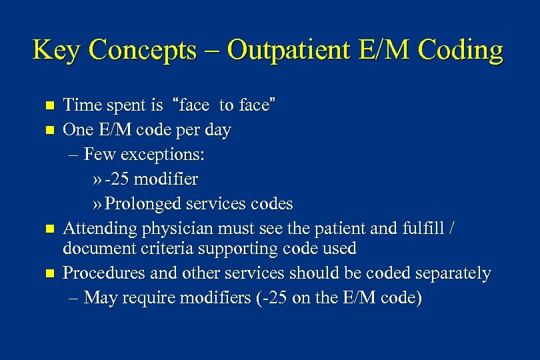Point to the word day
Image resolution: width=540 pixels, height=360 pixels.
coord(217,131)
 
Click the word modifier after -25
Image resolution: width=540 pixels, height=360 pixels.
coord(167,179)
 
